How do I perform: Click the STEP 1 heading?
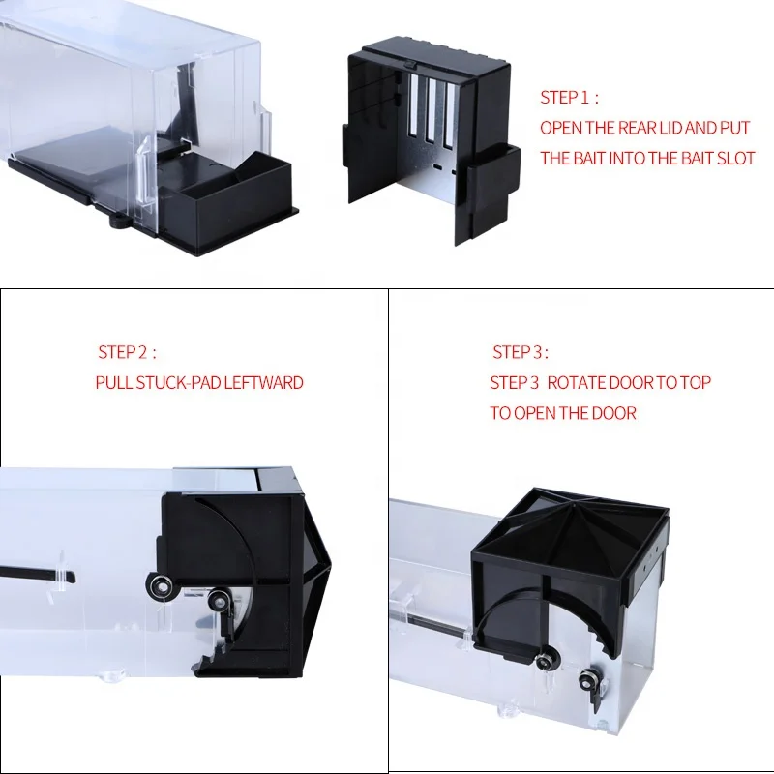(569, 98)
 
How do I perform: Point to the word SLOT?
(734, 158)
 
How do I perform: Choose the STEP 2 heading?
(126, 352)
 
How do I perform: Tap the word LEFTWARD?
(264, 382)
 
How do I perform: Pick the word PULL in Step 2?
(114, 382)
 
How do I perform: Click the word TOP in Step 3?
(696, 383)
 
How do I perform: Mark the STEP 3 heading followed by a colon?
(521, 352)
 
